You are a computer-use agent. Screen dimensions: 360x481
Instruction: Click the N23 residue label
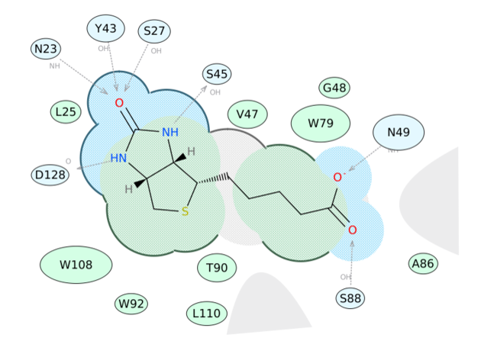[x=46, y=50]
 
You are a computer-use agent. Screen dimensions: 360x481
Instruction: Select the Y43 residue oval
[x=105, y=29]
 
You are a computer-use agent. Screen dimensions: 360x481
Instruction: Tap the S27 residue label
[x=154, y=31]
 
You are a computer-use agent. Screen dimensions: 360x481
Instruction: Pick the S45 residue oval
[x=217, y=74]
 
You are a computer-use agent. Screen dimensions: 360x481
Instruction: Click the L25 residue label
[x=66, y=112]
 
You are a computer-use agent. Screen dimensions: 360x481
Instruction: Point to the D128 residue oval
[x=50, y=175]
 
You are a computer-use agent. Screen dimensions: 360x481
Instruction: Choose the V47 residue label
[x=247, y=114]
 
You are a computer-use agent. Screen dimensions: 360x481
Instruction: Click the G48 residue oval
[x=334, y=88]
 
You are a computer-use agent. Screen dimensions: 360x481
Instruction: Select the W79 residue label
[x=321, y=123]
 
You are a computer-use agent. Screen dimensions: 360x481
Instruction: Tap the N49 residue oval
[x=399, y=132]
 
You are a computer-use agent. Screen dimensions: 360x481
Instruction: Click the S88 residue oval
[x=350, y=298]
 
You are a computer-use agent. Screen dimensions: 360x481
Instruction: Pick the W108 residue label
[x=76, y=265]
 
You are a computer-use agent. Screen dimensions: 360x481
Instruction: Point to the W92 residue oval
[x=131, y=304]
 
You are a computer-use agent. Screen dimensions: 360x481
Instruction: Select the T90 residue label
[x=217, y=268]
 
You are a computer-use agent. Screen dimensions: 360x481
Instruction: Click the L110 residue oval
[x=206, y=313]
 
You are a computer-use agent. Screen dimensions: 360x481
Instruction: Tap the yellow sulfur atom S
[x=184, y=211]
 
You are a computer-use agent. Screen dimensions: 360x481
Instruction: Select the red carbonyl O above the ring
[x=119, y=103]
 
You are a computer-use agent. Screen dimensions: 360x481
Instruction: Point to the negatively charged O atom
[x=337, y=178]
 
